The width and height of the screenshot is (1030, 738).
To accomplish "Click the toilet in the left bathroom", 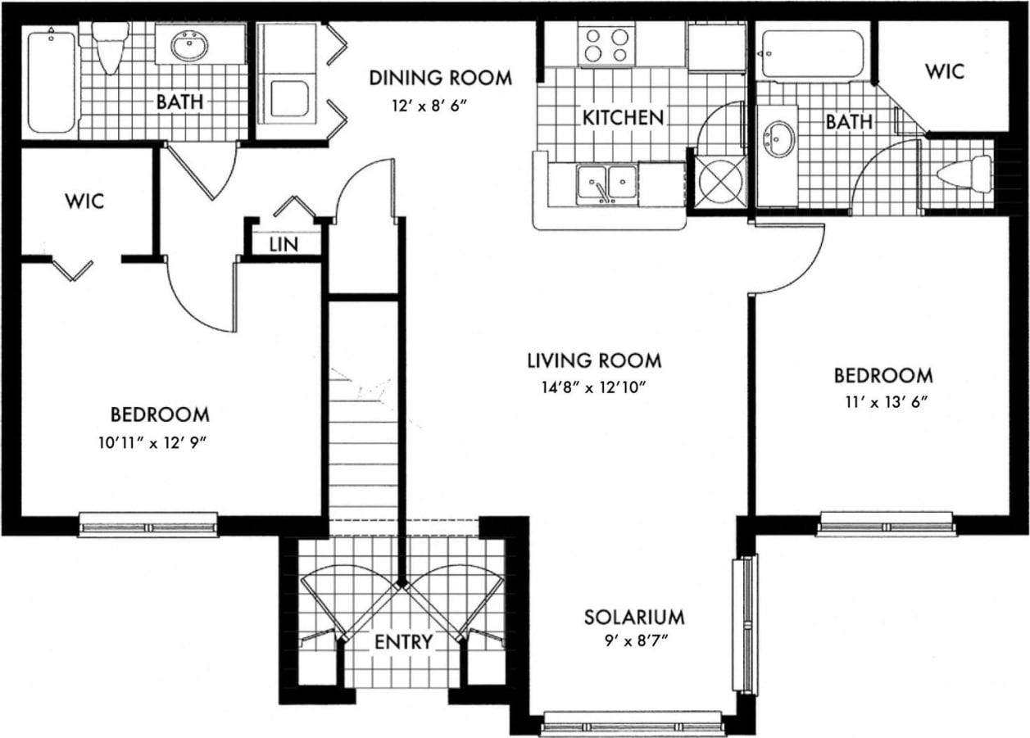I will click(110, 47).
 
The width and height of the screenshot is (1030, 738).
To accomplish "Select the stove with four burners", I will click(607, 44).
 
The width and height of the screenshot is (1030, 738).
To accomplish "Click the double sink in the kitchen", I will click(606, 182).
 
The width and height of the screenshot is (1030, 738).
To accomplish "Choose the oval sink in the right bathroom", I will click(778, 139).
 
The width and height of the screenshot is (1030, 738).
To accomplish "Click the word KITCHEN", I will click(623, 118).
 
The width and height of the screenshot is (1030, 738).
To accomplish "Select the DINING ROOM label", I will click(440, 79).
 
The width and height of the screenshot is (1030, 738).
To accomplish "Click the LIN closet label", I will click(283, 244).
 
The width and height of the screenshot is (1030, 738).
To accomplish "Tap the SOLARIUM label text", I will click(633, 617).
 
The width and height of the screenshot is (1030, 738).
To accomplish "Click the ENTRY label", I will click(402, 642).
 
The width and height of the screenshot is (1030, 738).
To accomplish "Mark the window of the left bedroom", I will click(148, 525).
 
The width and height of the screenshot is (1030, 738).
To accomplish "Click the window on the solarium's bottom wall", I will click(633, 724).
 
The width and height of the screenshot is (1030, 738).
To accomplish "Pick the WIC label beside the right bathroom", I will click(945, 71).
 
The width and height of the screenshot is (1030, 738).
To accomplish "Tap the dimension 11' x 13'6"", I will click(883, 401).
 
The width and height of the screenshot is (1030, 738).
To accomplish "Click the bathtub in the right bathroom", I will click(812, 54).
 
